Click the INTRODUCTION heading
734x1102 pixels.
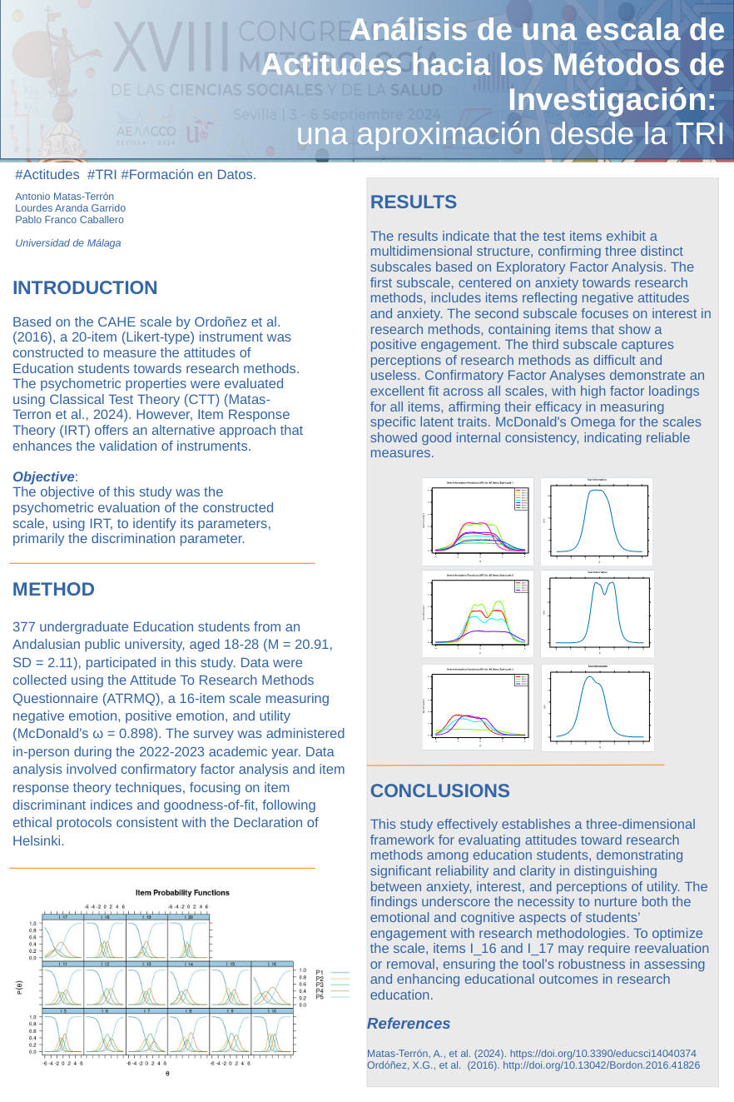tap(85, 288)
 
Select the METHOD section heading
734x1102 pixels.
tap(53, 590)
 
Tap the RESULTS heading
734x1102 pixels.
tap(414, 202)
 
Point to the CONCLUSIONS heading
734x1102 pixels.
tap(440, 791)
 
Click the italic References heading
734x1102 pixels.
tap(409, 1024)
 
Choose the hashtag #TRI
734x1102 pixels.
tap(101, 175)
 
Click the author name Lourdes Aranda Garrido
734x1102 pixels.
tap(71, 208)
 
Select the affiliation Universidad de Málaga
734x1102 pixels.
tap(68, 243)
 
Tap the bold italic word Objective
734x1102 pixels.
tap(43, 477)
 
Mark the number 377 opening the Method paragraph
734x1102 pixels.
tap(24, 626)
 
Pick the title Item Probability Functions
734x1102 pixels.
tap(183, 893)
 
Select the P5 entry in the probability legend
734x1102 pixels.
tap(320, 996)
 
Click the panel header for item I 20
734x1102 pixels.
tap(189, 917)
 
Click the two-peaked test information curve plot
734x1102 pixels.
tap(598, 614)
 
